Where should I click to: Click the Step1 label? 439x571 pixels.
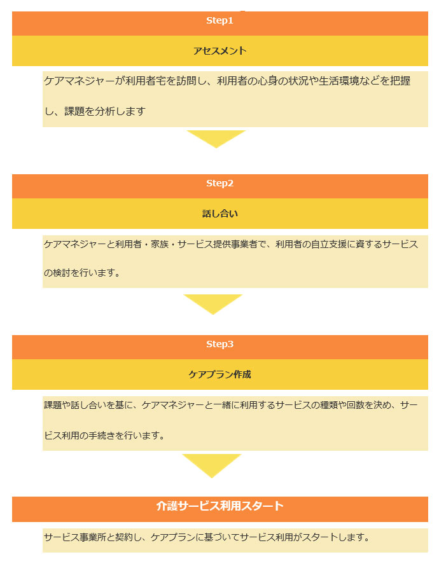(x=219, y=20)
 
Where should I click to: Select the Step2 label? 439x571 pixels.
(x=219, y=183)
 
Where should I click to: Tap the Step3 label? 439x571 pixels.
(x=219, y=344)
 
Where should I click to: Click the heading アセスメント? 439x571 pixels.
(x=219, y=51)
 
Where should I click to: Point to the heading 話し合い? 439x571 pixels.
(x=219, y=214)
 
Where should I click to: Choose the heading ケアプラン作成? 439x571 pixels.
(x=219, y=375)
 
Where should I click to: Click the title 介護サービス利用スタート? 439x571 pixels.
(x=219, y=506)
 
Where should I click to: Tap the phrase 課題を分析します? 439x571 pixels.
(x=105, y=111)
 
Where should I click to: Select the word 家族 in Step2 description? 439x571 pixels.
(x=160, y=244)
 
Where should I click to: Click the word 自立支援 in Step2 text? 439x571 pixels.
(x=328, y=244)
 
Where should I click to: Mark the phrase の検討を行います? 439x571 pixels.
(x=82, y=273)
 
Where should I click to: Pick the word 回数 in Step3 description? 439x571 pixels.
(x=355, y=405)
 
